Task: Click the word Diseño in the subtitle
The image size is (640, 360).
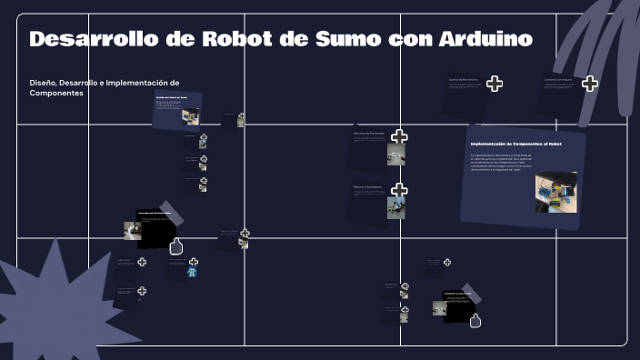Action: [x=45, y=83]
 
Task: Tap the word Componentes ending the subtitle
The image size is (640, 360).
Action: [x=56, y=94]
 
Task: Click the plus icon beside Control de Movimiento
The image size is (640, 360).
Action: [x=495, y=84]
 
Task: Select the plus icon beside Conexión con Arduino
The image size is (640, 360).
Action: [x=590, y=84]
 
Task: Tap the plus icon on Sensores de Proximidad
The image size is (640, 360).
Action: [x=399, y=137]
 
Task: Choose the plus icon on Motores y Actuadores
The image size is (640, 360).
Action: [x=399, y=190]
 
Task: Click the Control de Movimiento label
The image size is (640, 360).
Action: [x=463, y=80]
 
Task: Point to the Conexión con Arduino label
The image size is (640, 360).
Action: [x=558, y=80]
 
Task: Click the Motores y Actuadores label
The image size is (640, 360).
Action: [x=368, y=186]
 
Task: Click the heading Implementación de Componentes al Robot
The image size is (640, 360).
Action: [x=515, y=144]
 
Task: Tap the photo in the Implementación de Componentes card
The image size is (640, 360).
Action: [x=555, y=193]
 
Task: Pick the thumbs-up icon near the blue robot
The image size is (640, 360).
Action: [x=176, y=245]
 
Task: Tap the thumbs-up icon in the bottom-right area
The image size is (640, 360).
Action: [x=475, y=318]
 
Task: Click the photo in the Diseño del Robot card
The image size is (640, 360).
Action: [x=191, y=116]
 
